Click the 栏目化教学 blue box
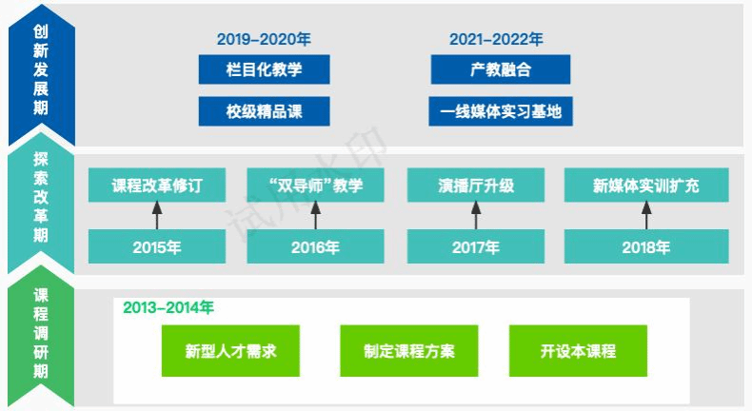(265, 69)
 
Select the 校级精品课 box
(265, 111)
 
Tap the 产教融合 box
(501, 69)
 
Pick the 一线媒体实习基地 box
(501, 111)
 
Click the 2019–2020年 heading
(264, 39)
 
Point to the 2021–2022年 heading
(496, 39)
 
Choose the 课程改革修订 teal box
(157, 186)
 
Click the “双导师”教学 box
(316, 186)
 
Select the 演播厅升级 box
(476, 186)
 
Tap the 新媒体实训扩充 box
(646, 186)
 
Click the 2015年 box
(157, 246)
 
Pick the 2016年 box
(316, 246)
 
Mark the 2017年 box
(476, 246)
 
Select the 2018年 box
(646, 246)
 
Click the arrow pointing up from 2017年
(476, 215)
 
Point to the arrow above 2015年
(157, 215)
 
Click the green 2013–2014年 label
(168, 307)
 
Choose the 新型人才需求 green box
(230, 351)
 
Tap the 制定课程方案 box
(409, 351)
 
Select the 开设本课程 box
(579, 351)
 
